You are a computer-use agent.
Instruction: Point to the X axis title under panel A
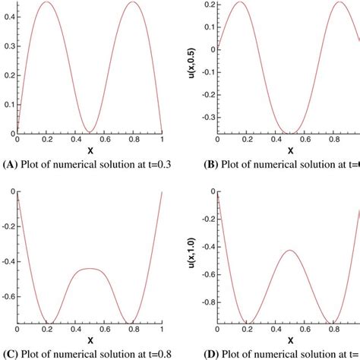90,151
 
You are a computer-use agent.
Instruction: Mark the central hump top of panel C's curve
90,268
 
